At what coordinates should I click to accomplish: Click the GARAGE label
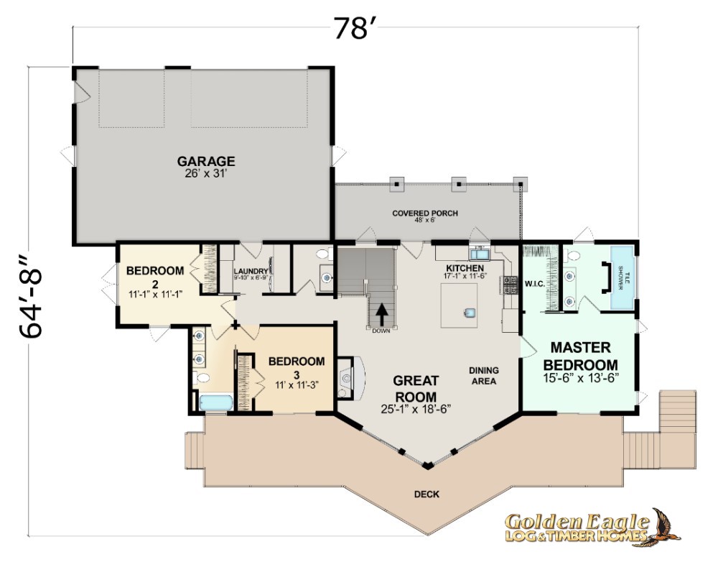pos(206,162)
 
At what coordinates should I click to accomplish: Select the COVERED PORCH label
pos(425,213)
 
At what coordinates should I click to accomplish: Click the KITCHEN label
pos(465,268)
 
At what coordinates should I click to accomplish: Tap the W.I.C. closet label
pos(535,284)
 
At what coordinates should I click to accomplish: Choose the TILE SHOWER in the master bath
pos(623,277)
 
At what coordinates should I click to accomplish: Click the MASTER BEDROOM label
pos(581,356)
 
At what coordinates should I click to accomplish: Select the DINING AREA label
pos(483,375)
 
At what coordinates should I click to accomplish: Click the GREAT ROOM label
pos(416,389)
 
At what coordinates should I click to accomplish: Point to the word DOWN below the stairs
pos(381,331)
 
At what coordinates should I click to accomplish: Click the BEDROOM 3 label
pos(297,367)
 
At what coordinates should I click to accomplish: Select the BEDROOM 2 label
pos(155,277)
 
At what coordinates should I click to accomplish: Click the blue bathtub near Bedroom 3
pos(216,403)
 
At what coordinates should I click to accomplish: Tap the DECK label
pos(426,494)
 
